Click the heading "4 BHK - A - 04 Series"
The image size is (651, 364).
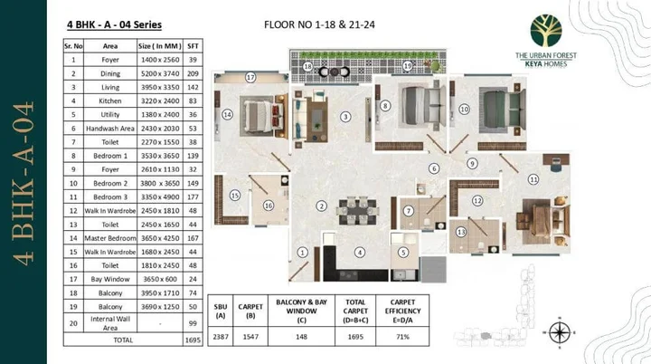[114, 25]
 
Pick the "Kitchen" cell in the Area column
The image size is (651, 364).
[111, 101]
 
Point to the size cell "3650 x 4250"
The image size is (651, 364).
[157, 237]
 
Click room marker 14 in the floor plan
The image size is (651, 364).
[228, 115]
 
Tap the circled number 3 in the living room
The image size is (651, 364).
[345, 117]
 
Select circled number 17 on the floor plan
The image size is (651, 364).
[250, 77]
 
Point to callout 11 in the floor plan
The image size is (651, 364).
[533, 179]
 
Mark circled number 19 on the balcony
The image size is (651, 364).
[408, 66]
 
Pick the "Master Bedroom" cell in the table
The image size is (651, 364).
[111, 237]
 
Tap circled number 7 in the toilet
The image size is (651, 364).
[409, 211]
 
